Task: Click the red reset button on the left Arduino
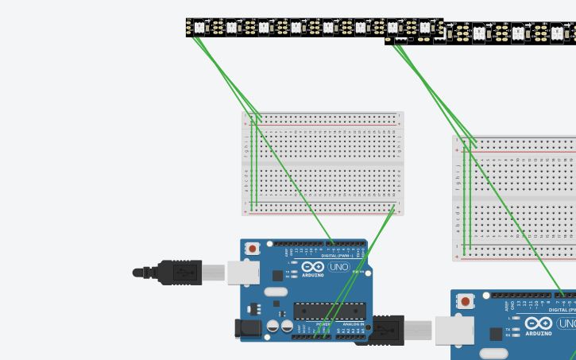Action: [x=252, y=249]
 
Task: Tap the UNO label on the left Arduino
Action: [x=338, y=267]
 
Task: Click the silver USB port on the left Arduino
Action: [x=243, y=273]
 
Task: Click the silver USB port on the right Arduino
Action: [x=454, y=330]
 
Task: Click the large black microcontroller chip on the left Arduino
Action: [x=329, y=311]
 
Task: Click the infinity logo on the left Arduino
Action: [x=313, y=267]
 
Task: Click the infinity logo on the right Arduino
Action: [x=538, y=323]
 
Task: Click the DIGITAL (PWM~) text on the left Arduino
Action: [x=338, y=255]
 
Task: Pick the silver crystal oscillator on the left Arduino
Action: [x=276, y=292]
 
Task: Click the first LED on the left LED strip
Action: [x=199, y=28]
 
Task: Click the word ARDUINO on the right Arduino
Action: [x=538, y=334]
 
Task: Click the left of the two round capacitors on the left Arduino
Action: [x=273, y=326]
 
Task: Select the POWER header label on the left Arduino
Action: [x=323, y=324]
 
